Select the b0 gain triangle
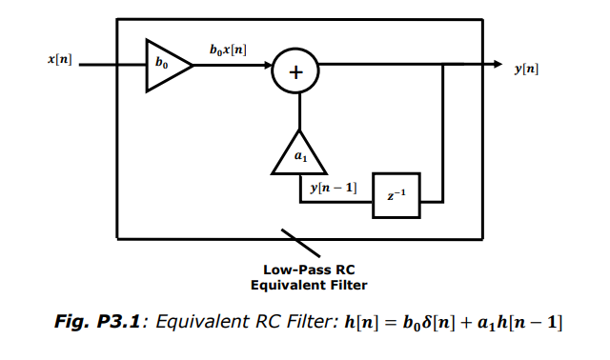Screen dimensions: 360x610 [x=165, y=66]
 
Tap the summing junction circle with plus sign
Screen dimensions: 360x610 [x=295, y=70]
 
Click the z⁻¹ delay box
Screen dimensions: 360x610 [x=396, y=196]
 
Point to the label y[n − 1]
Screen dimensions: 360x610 [x=334, y=189]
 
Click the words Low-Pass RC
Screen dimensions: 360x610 [x=309, y=270]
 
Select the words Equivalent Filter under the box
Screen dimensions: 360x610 [x=309, y=285]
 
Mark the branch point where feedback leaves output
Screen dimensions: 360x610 [x=443, y=65]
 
